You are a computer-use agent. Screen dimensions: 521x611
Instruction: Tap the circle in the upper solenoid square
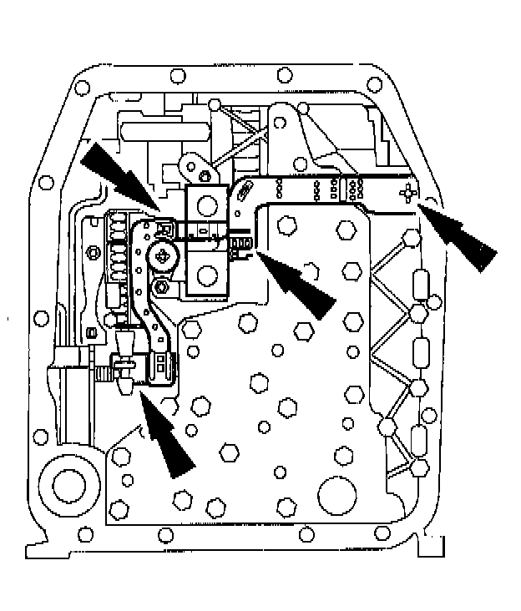[x=205, y=201]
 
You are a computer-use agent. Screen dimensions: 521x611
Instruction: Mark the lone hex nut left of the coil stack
[x=89, y=251]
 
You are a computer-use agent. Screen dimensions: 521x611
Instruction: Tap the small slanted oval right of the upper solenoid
[x=247, y=192]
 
